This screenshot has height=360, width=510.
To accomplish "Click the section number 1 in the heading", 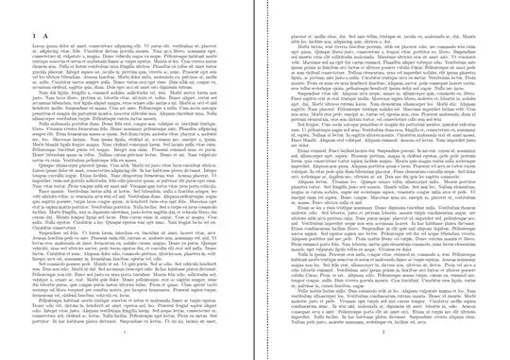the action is tap(35, 30).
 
